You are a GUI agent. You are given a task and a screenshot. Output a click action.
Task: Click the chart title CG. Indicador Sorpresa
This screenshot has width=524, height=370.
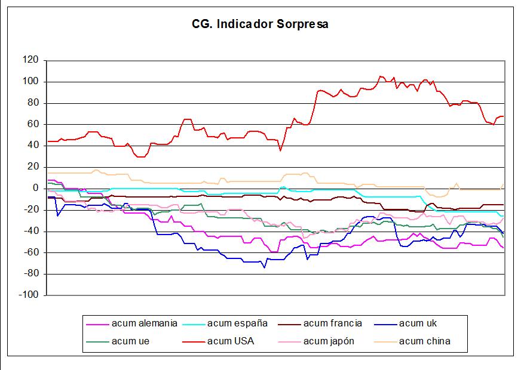click(x=260, y=24)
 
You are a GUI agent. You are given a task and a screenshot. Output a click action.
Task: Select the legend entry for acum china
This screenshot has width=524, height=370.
click(x=424, y=341)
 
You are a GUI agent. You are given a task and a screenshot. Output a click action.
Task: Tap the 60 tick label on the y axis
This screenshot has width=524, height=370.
click(x=33, y=124)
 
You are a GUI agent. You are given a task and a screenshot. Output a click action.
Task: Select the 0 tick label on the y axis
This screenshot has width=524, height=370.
click(x=36, y=189)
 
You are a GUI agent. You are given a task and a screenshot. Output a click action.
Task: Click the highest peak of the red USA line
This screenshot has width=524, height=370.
click(x=381, y=76)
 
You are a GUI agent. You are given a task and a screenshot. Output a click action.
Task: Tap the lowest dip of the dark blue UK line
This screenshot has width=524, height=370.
click(x=264, y=267)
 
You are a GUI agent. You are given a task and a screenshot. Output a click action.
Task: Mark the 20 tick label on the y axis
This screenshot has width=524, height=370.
click(x=33, y=167)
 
